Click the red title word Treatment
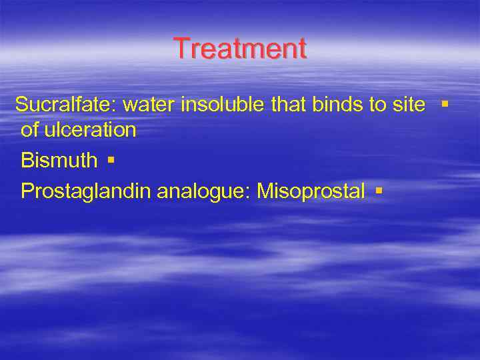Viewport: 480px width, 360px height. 240,49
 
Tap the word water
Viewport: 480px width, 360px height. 149,105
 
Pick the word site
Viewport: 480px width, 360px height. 410,105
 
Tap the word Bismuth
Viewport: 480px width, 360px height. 59,161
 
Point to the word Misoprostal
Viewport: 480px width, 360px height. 311,192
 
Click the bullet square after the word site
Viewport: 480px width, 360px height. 445,105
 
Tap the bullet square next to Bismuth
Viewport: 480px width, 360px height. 111,161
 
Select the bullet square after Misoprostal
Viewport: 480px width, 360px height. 378,191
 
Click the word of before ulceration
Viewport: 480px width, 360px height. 30,130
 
